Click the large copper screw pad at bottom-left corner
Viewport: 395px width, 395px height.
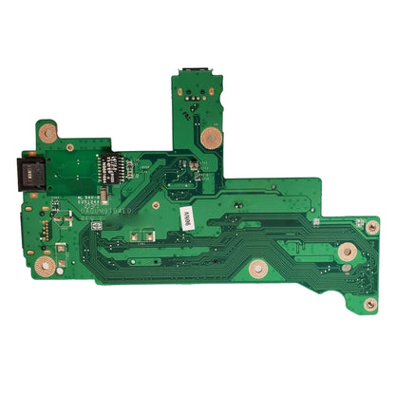[x=43, y=266]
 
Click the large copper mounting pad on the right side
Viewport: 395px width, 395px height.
[x=348, y=252]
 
